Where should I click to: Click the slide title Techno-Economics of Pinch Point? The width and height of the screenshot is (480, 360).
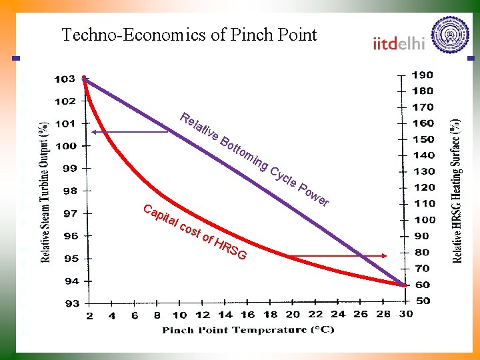click(189, 35)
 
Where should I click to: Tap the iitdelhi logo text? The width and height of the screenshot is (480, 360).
click(399, 43)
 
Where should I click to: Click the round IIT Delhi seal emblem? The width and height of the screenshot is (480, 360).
click(451, 35)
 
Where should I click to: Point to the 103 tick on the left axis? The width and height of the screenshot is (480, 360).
click(65, 79)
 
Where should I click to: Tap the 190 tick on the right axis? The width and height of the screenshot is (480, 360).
click(423, 75)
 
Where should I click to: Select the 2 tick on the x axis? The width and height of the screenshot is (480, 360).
click(90, 315)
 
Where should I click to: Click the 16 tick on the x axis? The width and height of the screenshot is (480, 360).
click(247, 315)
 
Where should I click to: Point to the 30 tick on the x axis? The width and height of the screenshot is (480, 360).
click(406, 314)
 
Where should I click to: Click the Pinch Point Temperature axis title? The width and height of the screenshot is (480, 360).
click(249, 330)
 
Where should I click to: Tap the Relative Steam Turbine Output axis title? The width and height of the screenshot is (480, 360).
click(45, 191)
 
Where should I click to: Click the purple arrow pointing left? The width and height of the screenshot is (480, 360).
click(131, 132)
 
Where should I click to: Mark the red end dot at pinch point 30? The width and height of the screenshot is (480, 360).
click(404, 285)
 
